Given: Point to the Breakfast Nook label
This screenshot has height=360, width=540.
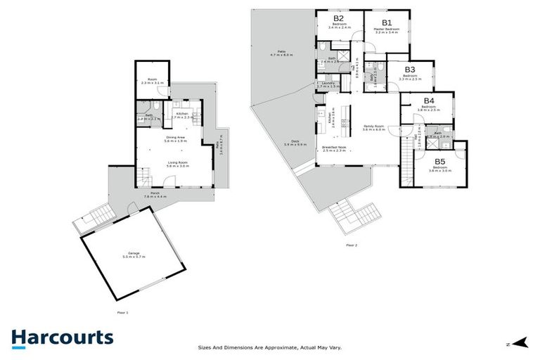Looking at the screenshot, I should [x=335, y=148].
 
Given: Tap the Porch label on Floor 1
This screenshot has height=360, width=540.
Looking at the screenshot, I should [x=155, y=194].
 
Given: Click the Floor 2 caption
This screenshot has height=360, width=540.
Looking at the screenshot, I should [x=352, y=245].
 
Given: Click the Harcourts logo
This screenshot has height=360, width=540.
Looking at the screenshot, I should [x=62, y=337].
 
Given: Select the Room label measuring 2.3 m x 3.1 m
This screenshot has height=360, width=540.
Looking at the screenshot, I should [x=152, y=81].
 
